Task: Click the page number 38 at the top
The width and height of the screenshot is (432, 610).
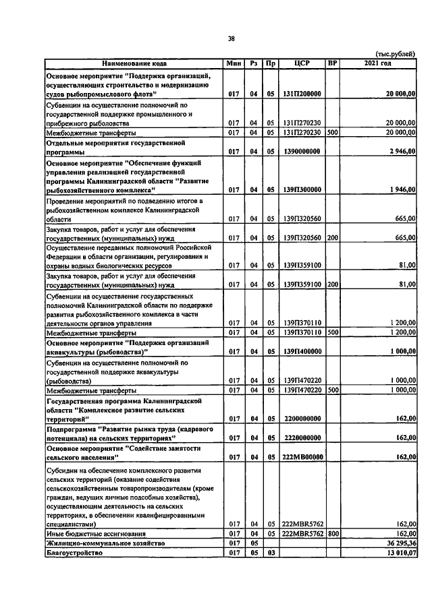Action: pyautogui.click(x=231, y=38)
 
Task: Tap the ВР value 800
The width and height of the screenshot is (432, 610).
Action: pyautogui.click(x=331, y=532)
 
